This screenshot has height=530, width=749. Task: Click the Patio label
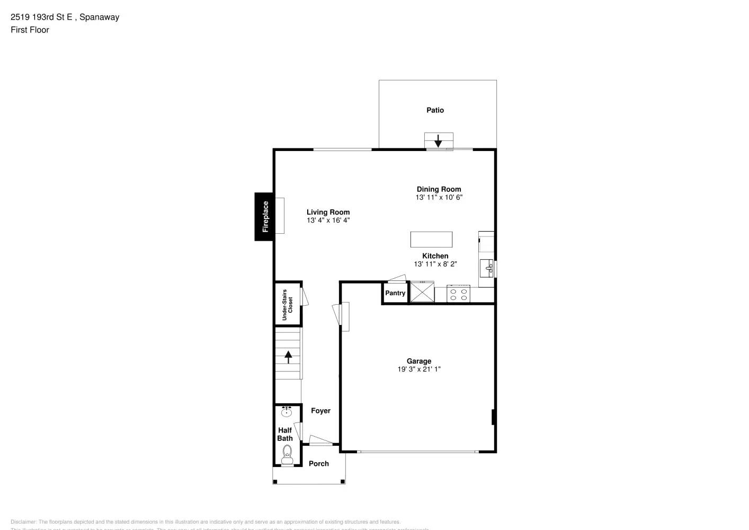click(x=435, y=110)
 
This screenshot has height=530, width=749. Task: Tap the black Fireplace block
click(x=264, y=216)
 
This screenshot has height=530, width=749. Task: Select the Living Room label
click(x=328, y=212)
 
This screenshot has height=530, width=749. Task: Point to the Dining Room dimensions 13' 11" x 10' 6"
click(x=439, y=197)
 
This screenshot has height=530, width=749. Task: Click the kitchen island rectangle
click(x=431, y=239)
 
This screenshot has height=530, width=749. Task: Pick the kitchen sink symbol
click(x=487, y=268)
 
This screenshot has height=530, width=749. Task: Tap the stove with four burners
click(x=458, y=293)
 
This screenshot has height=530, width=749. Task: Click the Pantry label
click(x=395, y=293)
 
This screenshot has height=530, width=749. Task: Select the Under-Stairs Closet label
click(x=287, y=304)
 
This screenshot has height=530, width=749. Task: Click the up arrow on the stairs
click(x=288, y=357)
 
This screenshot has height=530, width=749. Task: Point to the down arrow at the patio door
click(x=438, y=141)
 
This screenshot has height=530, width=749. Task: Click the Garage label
click(x=418, y=361)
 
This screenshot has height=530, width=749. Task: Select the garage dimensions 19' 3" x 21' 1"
click(x=418, y=369)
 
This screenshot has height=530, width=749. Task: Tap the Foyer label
click(x=320, y=411)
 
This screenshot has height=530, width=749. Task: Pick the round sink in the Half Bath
click(x=287, y=412)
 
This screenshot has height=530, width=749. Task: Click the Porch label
click(x=319, y=464)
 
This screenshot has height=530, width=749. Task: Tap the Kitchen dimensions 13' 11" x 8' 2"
click(x=435, y=264)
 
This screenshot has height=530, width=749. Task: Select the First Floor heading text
click(x=30, y=30)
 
